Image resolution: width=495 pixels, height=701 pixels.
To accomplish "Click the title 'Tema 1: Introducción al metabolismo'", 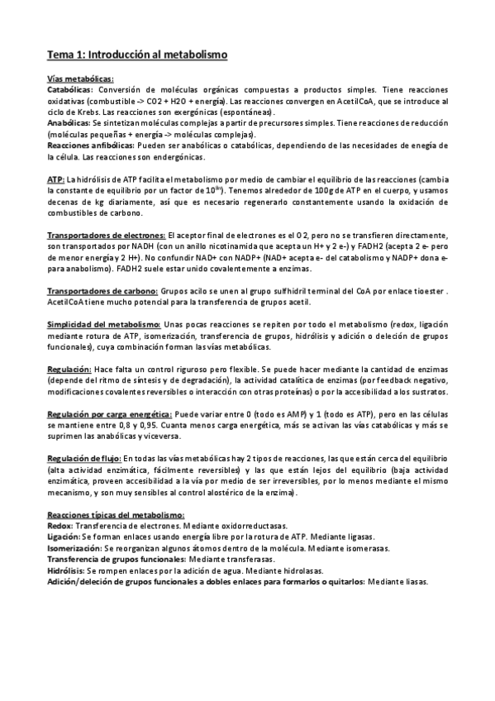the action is point(137,55).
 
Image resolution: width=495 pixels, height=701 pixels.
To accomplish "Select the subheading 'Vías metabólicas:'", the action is point(80,79).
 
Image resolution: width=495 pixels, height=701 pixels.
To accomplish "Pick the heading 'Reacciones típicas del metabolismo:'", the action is point(116,515).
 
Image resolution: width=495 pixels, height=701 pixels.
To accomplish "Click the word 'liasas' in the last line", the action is point(415,582).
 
